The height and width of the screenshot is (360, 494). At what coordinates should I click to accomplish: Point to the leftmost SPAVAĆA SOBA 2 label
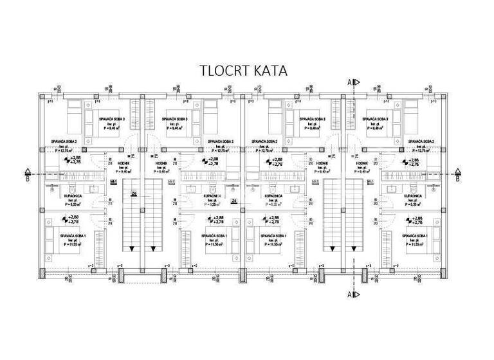64,141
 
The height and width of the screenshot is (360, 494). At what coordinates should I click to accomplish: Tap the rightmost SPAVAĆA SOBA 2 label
422,141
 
